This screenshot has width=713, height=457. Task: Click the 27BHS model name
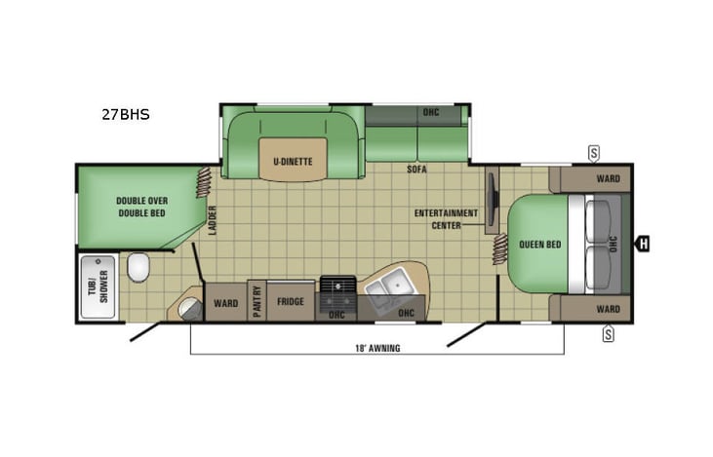pos(125,114)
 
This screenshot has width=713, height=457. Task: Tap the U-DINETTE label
pos(285,162)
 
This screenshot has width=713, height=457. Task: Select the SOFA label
pos(417,169)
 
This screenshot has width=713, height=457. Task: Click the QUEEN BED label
pos(538,244)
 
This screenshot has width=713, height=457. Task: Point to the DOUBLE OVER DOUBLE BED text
pos(142,207)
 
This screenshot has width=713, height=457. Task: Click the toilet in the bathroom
pos(139,265)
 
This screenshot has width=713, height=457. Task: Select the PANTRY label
pos(257,301)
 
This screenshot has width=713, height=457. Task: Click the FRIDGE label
pos(290,301)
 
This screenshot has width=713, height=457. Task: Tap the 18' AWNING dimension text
pos(376,348)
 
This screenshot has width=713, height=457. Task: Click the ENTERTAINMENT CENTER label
pos(446,218)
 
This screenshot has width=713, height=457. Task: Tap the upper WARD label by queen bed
pos(608,178)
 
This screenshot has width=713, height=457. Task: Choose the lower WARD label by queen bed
pos(608,309)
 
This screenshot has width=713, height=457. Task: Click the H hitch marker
pos(644,244)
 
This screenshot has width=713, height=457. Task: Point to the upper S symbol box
pos(593,152)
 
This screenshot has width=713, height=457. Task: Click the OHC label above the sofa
pos(430,112)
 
